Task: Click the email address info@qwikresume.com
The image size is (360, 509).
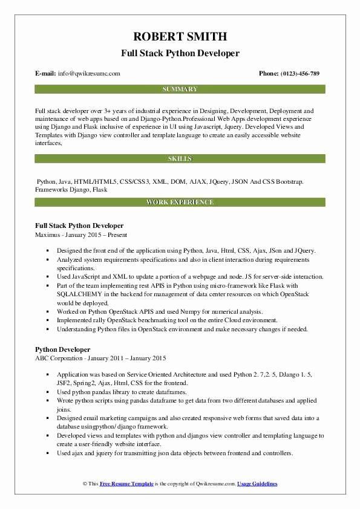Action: (89, 73)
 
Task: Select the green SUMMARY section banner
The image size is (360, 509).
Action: (180, 89)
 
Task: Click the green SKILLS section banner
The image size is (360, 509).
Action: (180, 158)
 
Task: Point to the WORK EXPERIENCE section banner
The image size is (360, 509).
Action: (180, 203)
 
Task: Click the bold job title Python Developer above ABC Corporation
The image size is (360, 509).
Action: (63, 349)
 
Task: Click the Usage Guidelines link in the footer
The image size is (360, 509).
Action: (257, 484)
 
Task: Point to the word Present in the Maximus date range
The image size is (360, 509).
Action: (115, 235)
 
